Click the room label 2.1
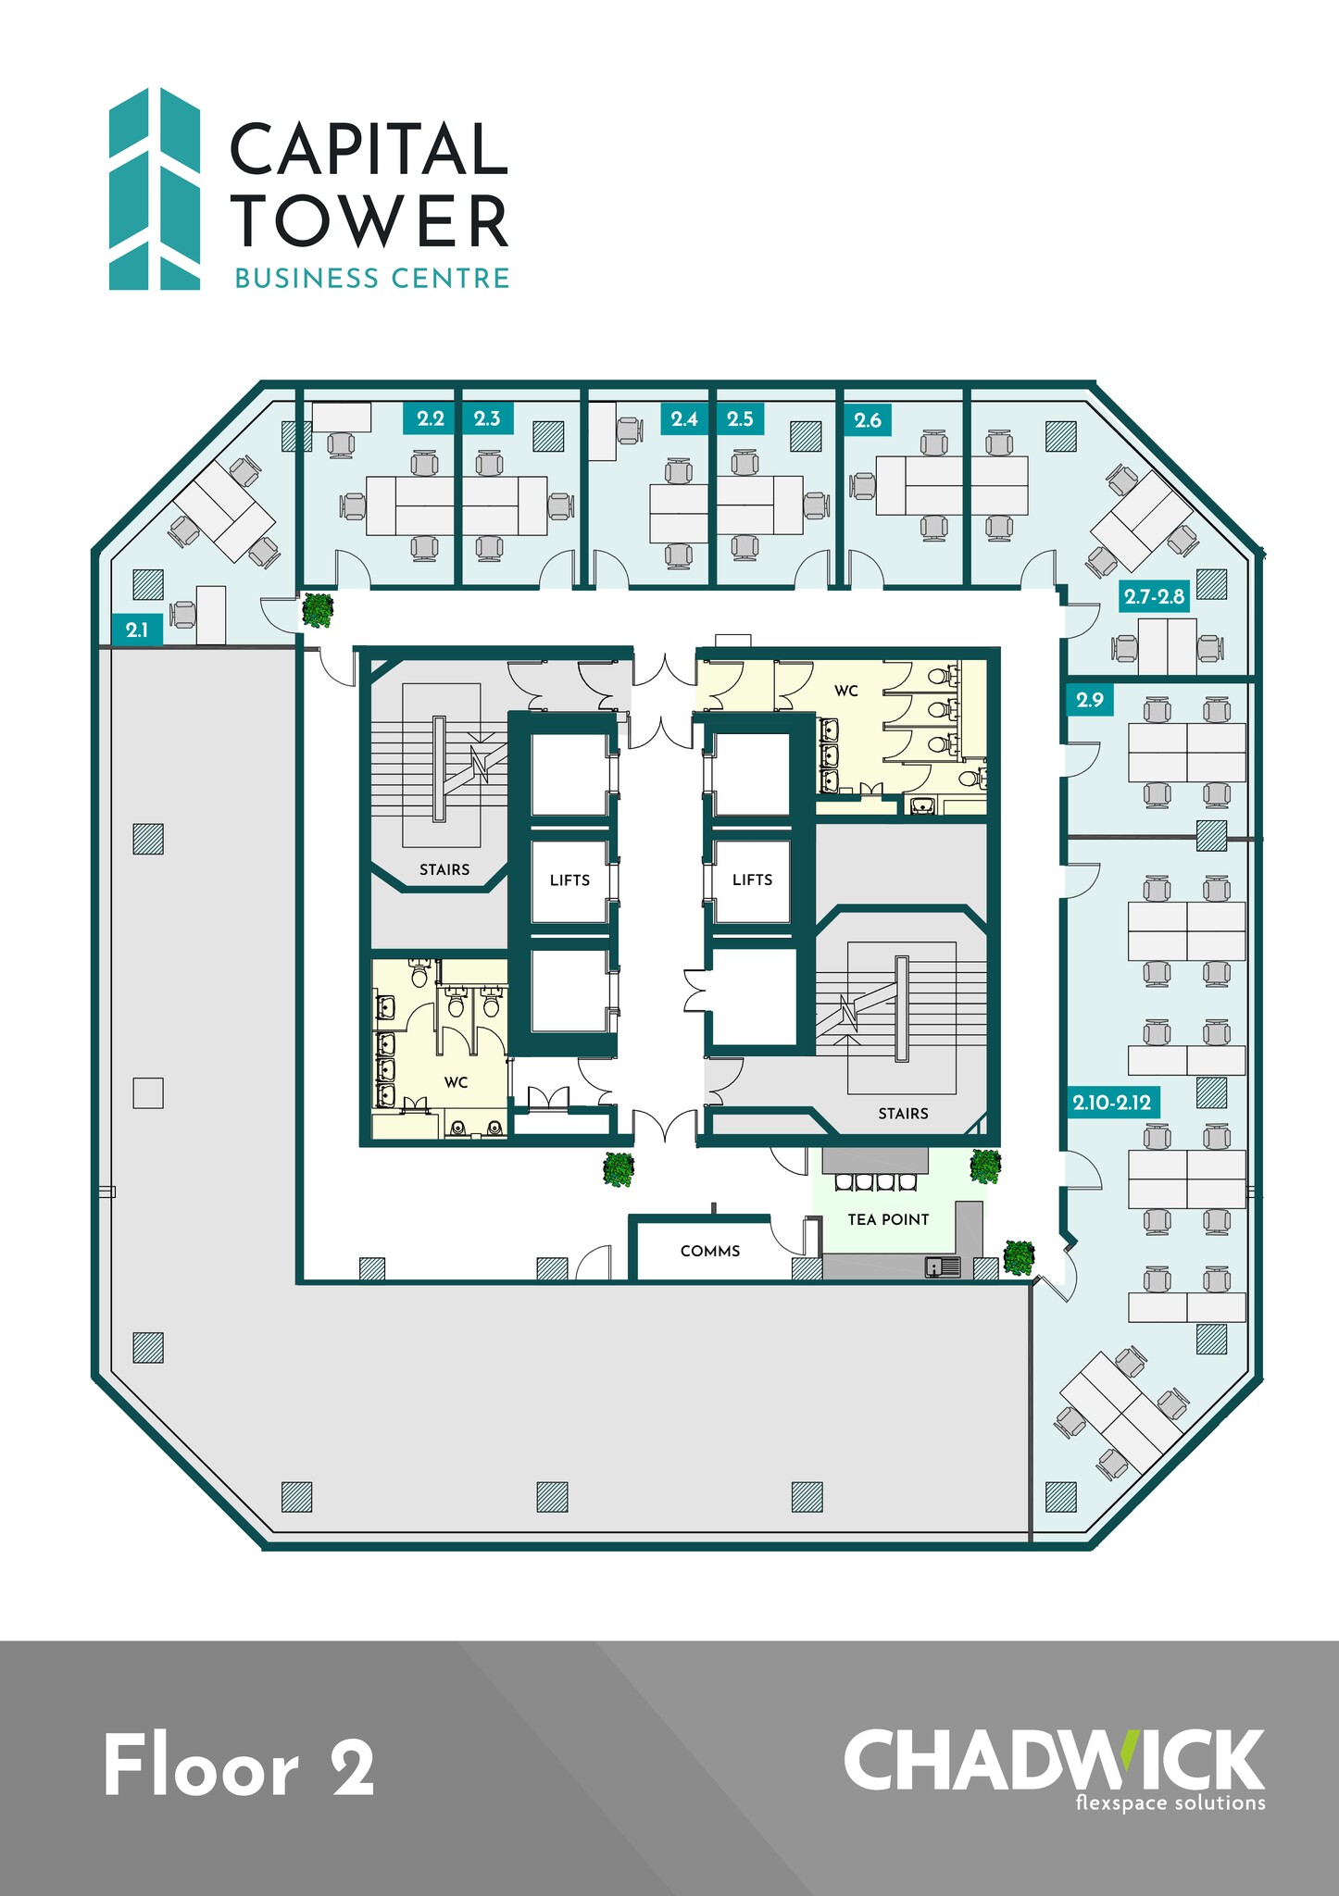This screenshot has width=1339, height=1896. (x=137, y=630)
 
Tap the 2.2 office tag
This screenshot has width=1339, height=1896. (x=431, y=418)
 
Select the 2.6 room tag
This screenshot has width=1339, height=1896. (x=868, y=419)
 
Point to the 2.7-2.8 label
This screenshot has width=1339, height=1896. (x=1154, y=596)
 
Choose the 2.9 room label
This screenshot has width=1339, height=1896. (x=1090, y=699)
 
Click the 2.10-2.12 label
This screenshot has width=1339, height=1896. (x=1112, y=1103)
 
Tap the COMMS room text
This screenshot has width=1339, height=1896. (x=710, y=1251)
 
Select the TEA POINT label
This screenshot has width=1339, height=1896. (x=888, y=1219)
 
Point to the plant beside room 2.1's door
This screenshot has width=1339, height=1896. (x=318, y=610)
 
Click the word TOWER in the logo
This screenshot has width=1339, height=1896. (x=370, y=221)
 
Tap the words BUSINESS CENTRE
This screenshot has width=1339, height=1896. (x=372, y=278)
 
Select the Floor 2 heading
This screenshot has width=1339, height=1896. (x=240, y=1766)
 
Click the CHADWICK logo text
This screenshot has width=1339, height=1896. (x=1053, y=1760)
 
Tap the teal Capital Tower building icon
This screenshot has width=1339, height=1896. (x=155, y=189)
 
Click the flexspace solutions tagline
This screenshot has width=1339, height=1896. (x=1170, y=1802)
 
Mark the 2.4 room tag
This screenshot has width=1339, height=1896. (x=684, y=418)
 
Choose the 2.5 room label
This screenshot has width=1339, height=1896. (x=740, y=418)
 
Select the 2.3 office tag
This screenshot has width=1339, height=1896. (x=487, y=418)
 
